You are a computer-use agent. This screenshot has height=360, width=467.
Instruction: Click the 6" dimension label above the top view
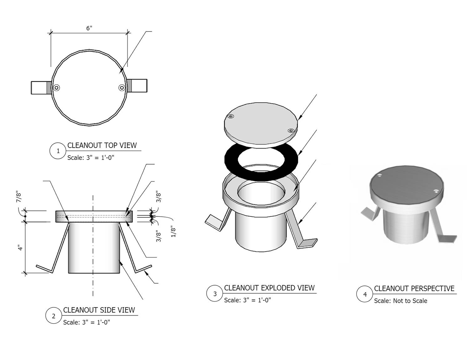(x=89, y=28)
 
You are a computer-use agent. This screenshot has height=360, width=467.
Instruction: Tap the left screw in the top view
(x=57, y=88)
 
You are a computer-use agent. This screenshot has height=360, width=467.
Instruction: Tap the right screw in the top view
(x=122, y=88)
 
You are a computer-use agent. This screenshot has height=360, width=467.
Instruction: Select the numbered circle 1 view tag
(x=58, y=151)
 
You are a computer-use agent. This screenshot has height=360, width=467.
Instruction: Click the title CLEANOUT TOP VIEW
(x=102, y=145)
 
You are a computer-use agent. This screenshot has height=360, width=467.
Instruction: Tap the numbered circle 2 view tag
(x=54, y=316)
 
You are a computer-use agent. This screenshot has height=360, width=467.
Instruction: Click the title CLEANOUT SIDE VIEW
(x=99, y=310)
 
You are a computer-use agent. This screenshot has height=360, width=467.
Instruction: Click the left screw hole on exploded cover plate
(x=231, y=116)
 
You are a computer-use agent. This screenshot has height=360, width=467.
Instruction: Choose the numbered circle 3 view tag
(x=214, y=293)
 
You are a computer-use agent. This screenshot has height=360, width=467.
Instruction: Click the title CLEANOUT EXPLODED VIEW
(x=269, y=288)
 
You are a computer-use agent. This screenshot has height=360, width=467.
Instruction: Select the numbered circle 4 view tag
(x=364, y=294)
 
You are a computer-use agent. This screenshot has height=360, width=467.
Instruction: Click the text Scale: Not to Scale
(x=401, y=301)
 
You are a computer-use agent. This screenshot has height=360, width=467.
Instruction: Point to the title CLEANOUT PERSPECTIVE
(x=414, y=288)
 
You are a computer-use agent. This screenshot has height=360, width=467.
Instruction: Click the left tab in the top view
(x=41, y=88)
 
